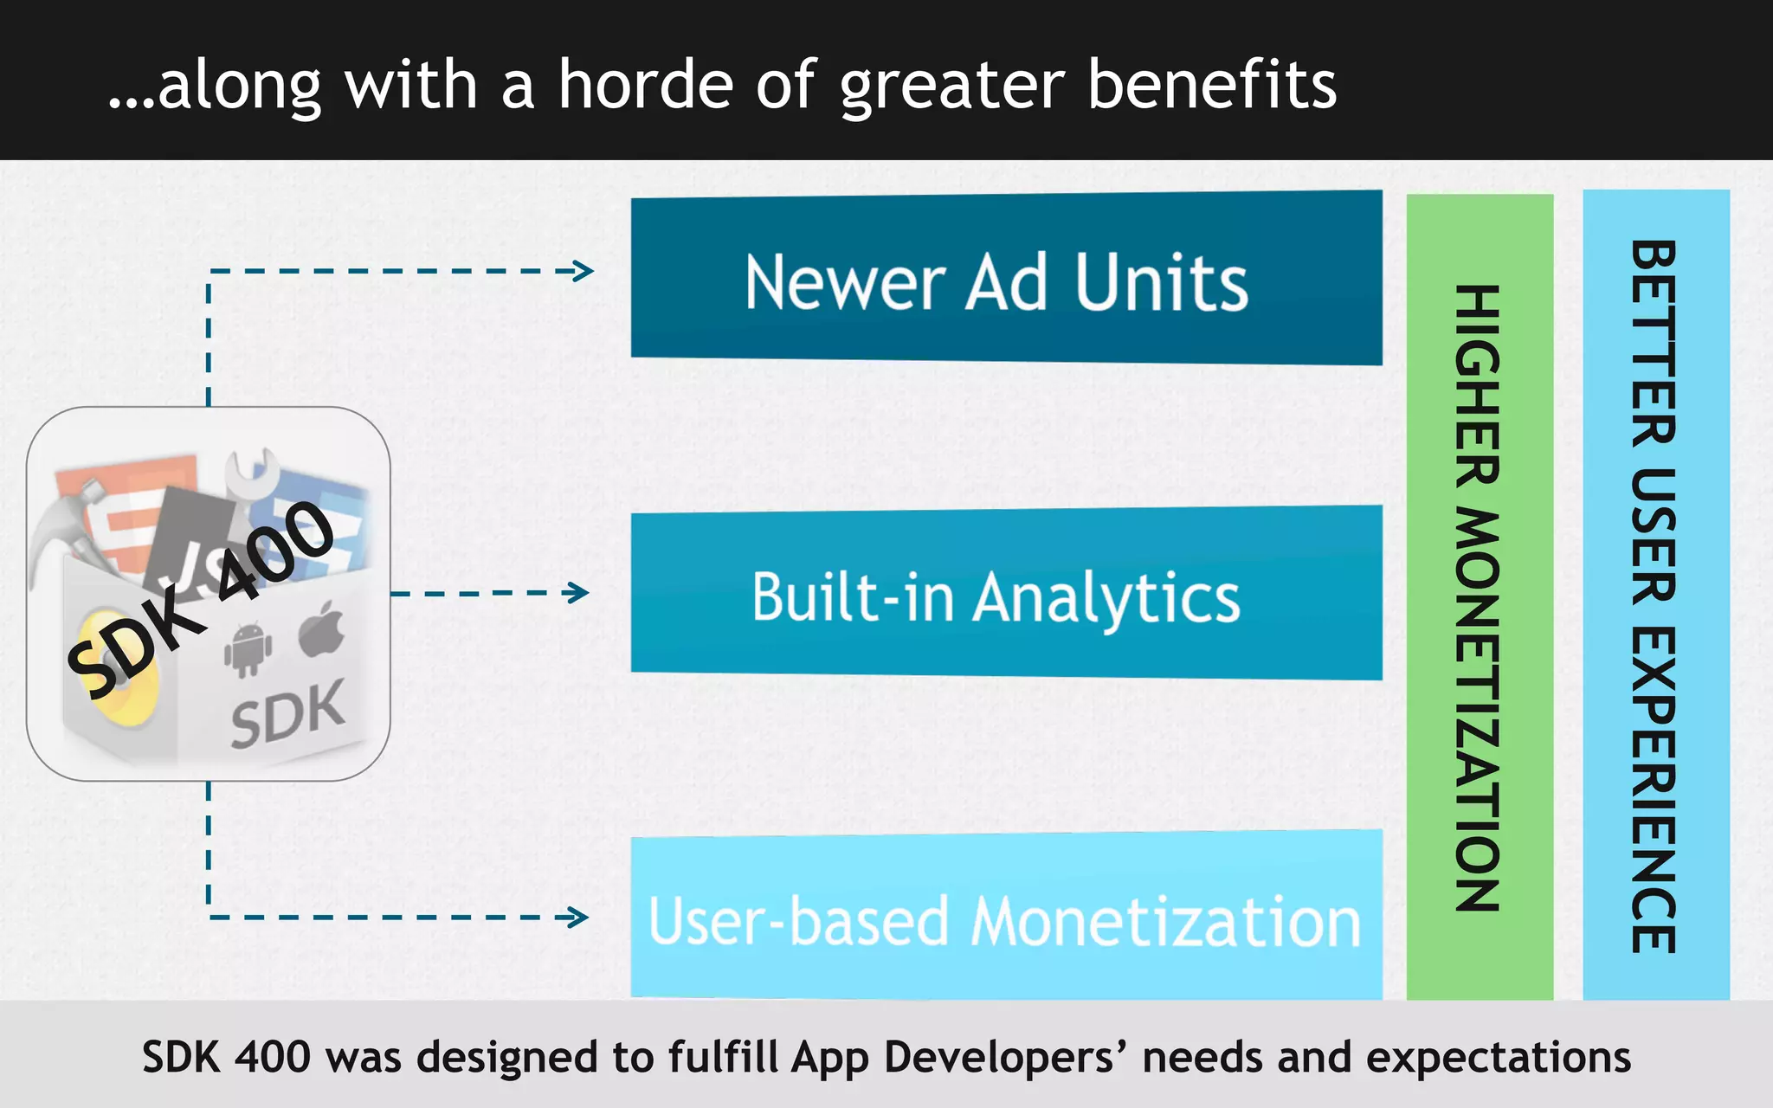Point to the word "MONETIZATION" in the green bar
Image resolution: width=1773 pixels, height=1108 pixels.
coord(1478,710)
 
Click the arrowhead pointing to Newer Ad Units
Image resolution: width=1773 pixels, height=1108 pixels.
coord(583,271)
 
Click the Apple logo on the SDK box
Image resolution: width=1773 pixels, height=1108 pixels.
coord(322,630)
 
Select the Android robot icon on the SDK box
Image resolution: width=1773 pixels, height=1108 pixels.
coord(248,649)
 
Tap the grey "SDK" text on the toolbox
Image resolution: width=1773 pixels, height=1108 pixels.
coord(287,715)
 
